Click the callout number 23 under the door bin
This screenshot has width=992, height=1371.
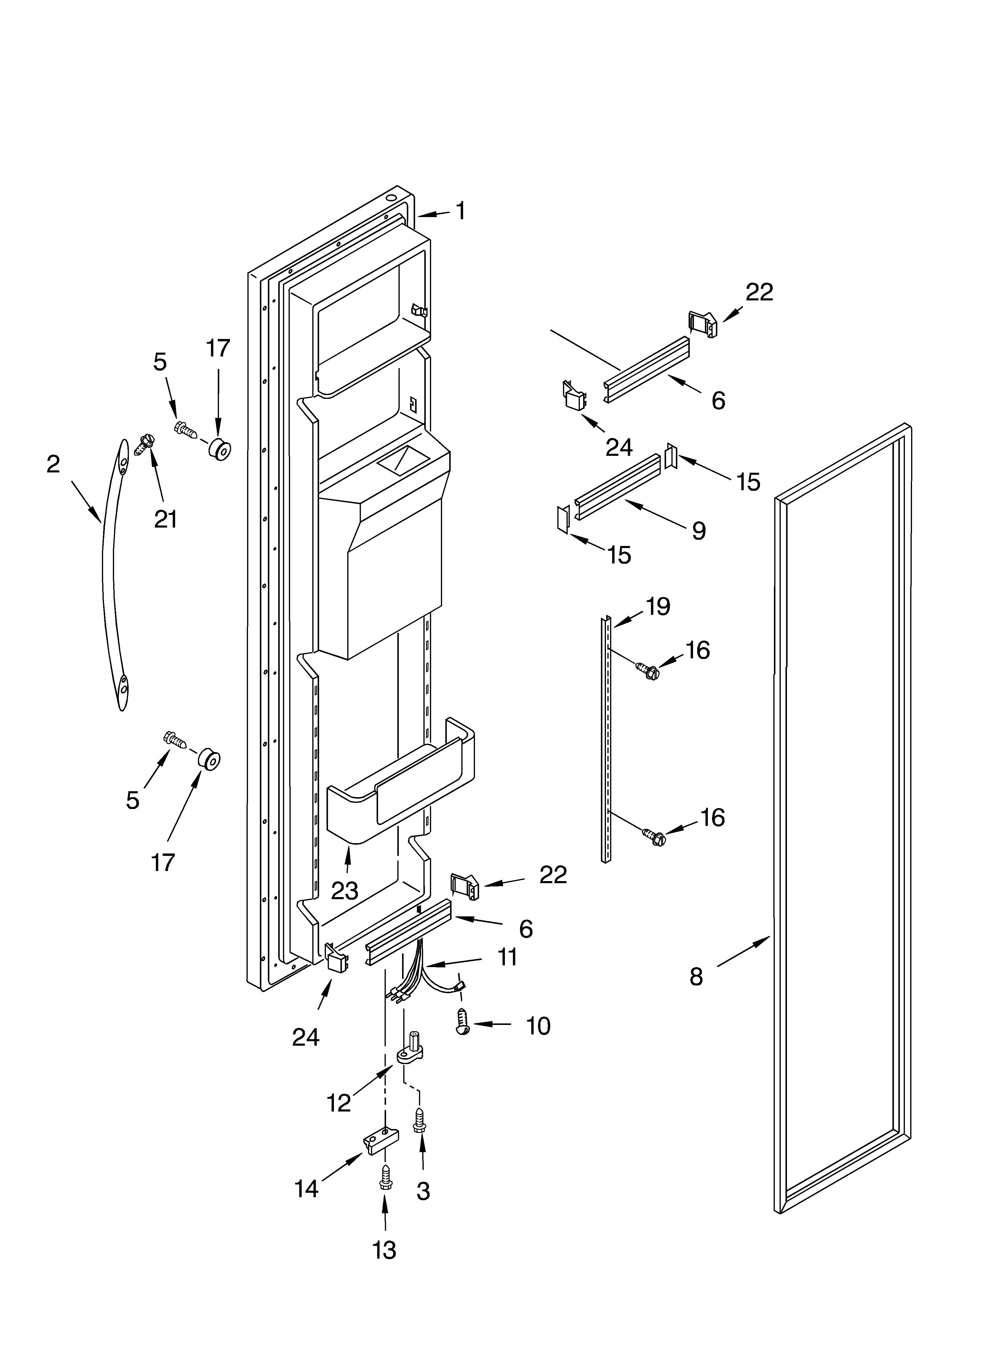[x=345, y=891]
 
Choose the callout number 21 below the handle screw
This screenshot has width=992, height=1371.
[x=166, y=519]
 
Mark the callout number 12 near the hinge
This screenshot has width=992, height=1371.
[x=339, y=1103]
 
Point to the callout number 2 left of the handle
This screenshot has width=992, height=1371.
[x=53, y=464]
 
